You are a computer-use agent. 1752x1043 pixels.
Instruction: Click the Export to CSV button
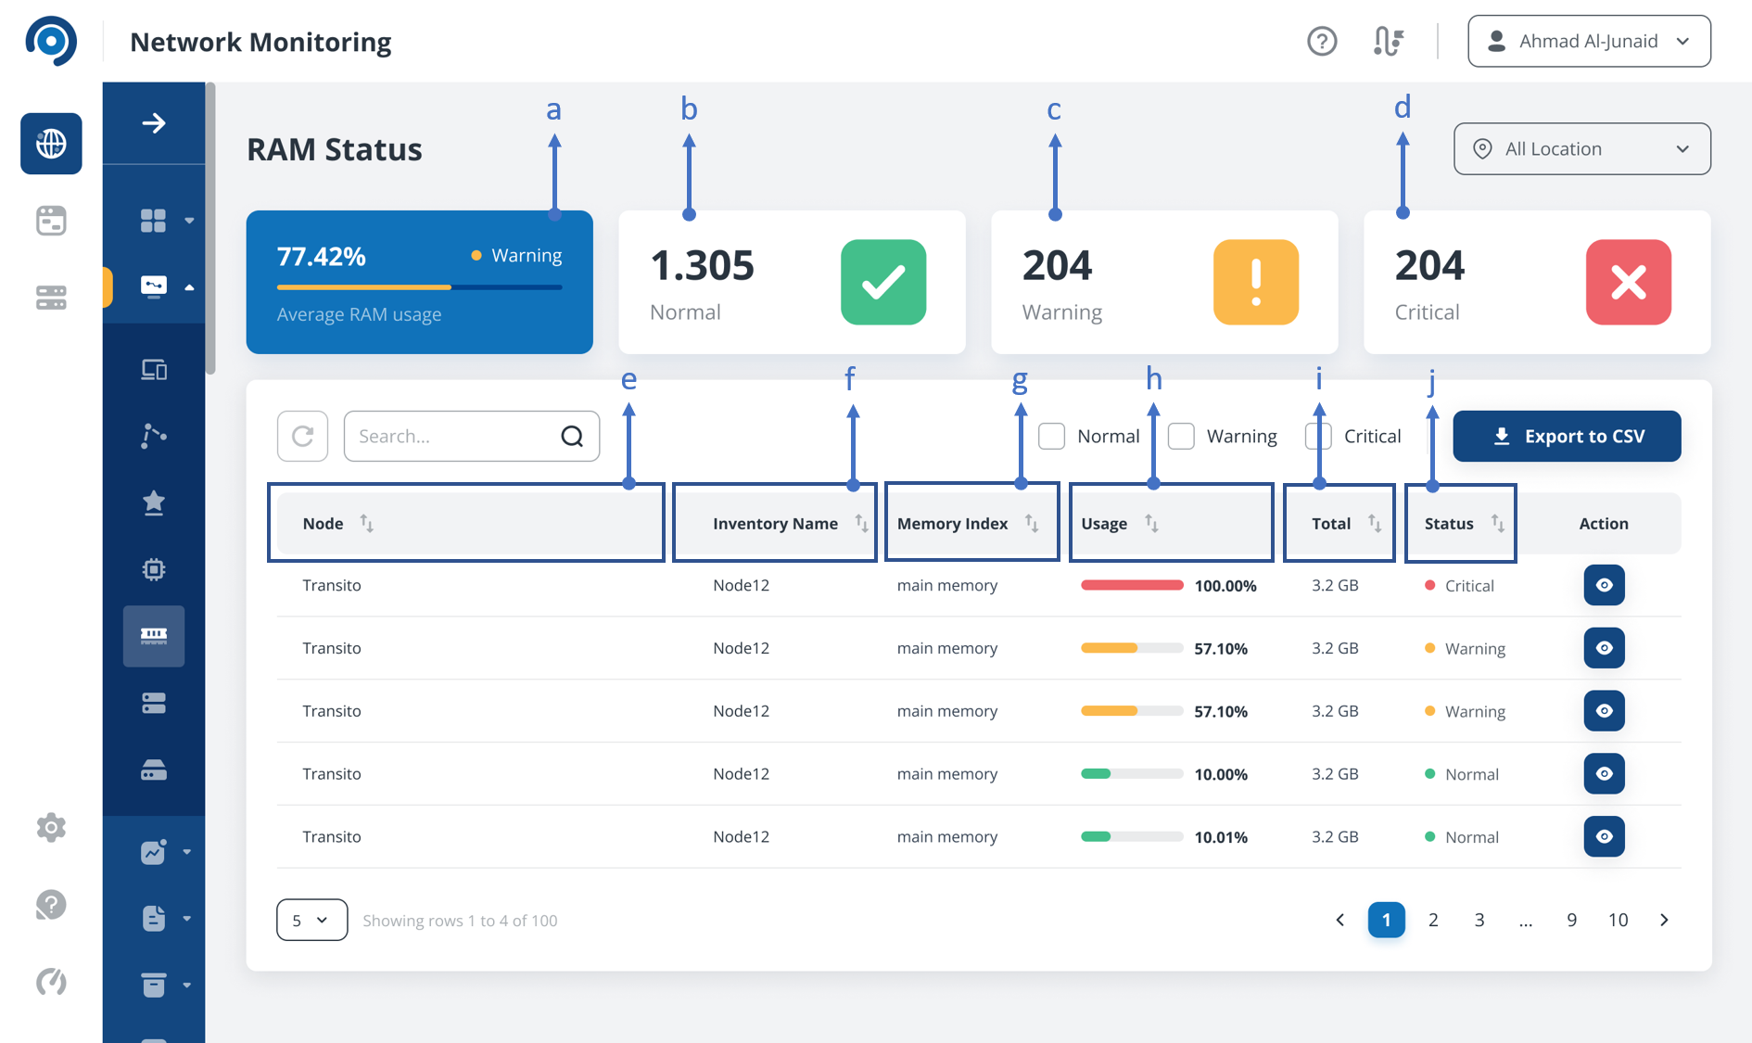(1567, 436)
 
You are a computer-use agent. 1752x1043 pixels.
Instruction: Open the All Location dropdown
(1581, 148)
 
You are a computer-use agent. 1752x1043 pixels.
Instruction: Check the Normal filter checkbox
(1051, 436)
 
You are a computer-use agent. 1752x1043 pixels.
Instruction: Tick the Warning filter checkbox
(1181, 436)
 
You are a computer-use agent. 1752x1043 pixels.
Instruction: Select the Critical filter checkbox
(1318, 436)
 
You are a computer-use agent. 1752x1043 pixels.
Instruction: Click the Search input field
(471, 436)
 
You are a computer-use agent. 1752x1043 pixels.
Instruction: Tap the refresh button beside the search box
(302, 436)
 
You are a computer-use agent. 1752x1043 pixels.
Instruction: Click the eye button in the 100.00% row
(1604, 585)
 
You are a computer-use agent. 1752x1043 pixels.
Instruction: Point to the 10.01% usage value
(1221, 837)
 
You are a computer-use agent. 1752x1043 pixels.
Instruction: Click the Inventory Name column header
(775, 524)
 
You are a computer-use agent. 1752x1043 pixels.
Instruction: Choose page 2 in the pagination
(1433, 920)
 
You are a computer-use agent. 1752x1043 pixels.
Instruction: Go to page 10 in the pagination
(1618, 920)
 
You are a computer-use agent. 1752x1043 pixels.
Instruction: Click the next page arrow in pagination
(1664, 920)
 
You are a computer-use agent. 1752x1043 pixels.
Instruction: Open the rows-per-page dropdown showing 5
(311, 920)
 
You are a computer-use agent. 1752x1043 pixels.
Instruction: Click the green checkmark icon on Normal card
(883, 282)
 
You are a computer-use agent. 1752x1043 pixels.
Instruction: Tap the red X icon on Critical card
(1629, 282)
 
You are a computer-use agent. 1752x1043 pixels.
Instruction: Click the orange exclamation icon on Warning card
(1256, 282)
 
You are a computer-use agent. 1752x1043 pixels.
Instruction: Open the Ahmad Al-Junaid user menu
(1589, 41)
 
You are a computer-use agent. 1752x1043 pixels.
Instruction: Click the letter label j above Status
(1431, 381)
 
